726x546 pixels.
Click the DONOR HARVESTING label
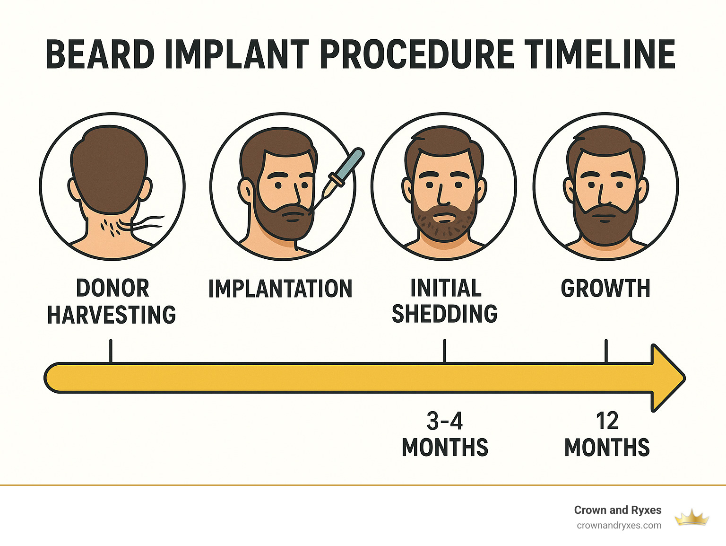(x=112, y=301)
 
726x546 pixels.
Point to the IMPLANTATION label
(x=280, y=289)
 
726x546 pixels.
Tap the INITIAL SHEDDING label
(x=445, y=301)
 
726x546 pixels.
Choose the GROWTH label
(x=605, y=288)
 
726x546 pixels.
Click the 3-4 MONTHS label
(x=445, y=434)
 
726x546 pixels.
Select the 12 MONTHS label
(x=607, y=434)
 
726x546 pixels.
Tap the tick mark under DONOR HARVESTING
(x=111, y=351)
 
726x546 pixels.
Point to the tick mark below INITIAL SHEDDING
(x=445, y=351)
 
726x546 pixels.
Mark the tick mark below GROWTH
(x=606, y=351)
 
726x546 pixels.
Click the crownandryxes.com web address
(x=619, y=525)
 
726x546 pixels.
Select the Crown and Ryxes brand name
(x=617, y=510)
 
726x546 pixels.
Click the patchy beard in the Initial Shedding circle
(x=443, y=225)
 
